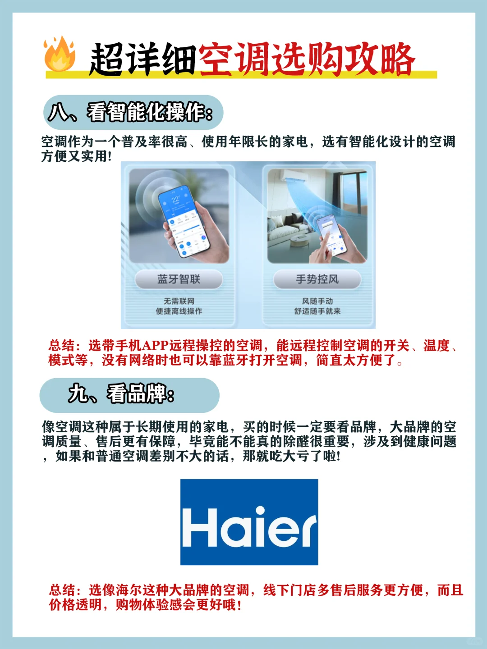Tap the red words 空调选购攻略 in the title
coord(306,59)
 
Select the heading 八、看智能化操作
coord(130,112)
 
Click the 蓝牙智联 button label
coord(179,279)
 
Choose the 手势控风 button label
coord(317,279)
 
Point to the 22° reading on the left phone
coord(175,200)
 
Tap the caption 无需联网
coord(179,302)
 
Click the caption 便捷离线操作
coord(179,311)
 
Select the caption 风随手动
coord(317,302)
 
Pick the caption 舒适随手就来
coord(317,311)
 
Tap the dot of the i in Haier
coord(260,511)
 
